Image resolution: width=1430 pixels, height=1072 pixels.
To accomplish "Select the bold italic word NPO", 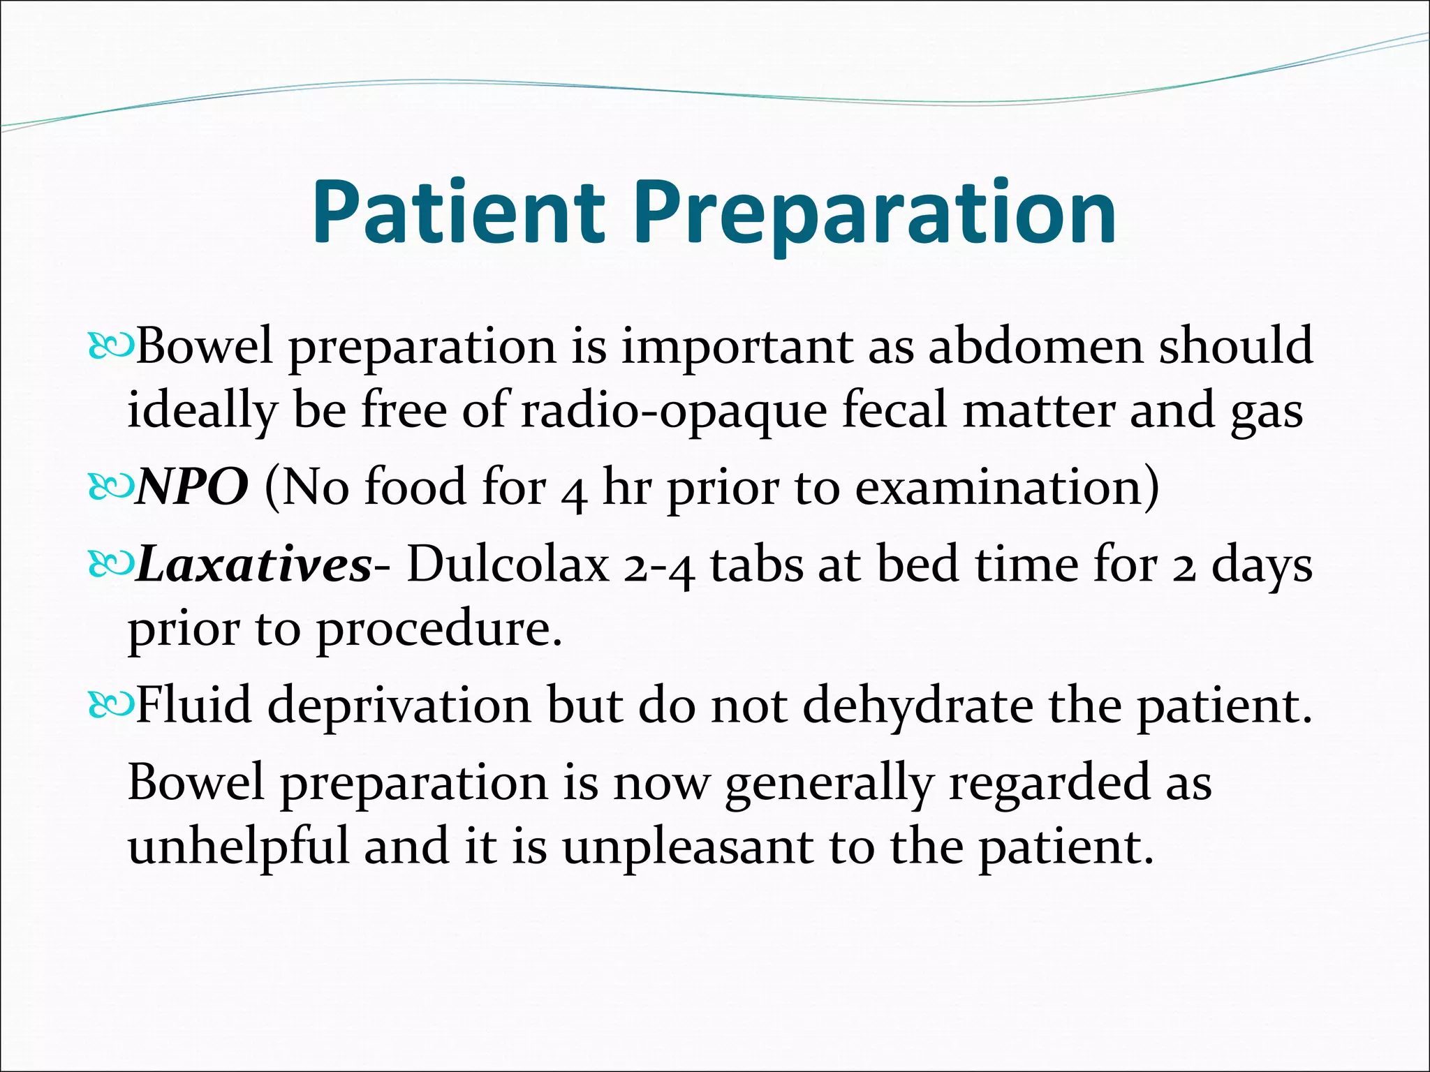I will (x=192, y=486).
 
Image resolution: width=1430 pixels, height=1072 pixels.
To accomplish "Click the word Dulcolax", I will (x=508, y=564).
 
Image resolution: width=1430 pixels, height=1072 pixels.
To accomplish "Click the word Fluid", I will (x=193, y=705).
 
